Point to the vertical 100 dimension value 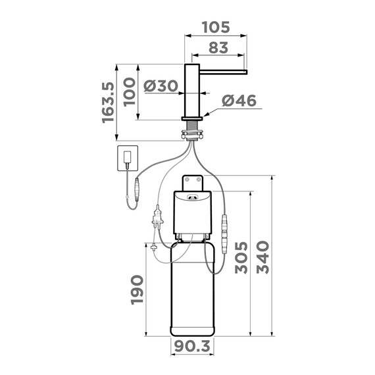130,93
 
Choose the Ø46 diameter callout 238,101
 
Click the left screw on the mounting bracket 186,180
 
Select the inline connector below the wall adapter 136,188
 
